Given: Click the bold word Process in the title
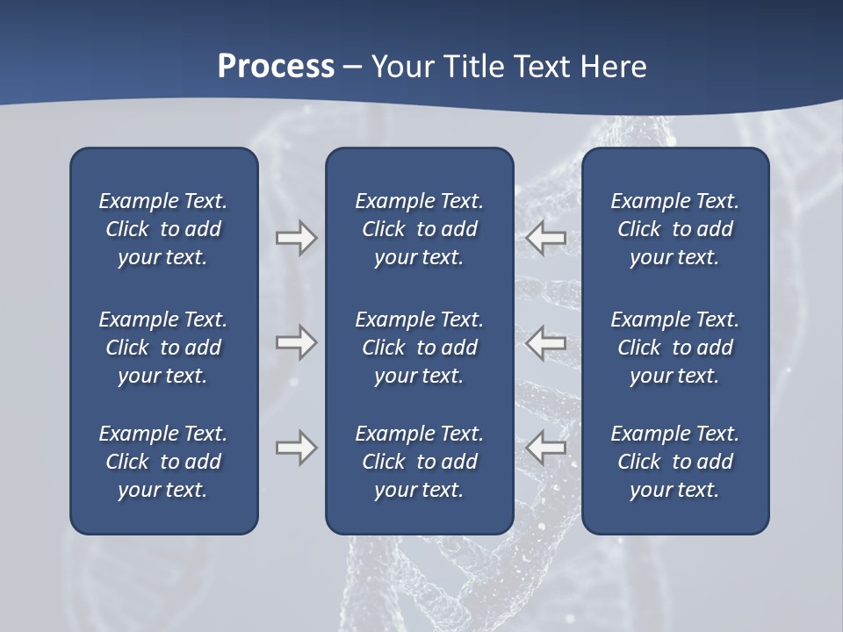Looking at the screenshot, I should tap(276, 67).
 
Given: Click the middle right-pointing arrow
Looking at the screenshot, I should tap(296, 342).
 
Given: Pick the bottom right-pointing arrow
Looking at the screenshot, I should tap(296, 448).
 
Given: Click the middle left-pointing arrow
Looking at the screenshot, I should tap(546, 342).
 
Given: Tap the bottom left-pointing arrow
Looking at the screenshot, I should tap(546, 448).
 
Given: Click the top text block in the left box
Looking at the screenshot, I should tap(163, 229).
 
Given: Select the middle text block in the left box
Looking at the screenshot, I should tap(163, 348).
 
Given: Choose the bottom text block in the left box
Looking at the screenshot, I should tap(163, 462).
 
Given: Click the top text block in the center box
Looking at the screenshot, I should tap(419, 229).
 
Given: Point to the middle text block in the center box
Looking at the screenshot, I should tap(419, 348).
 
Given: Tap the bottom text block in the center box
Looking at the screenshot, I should tap(419, 462).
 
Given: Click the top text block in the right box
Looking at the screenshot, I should tap(674, 229).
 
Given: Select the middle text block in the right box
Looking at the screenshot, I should tap(674, 348).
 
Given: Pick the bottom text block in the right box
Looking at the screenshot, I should tap(674, 462).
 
